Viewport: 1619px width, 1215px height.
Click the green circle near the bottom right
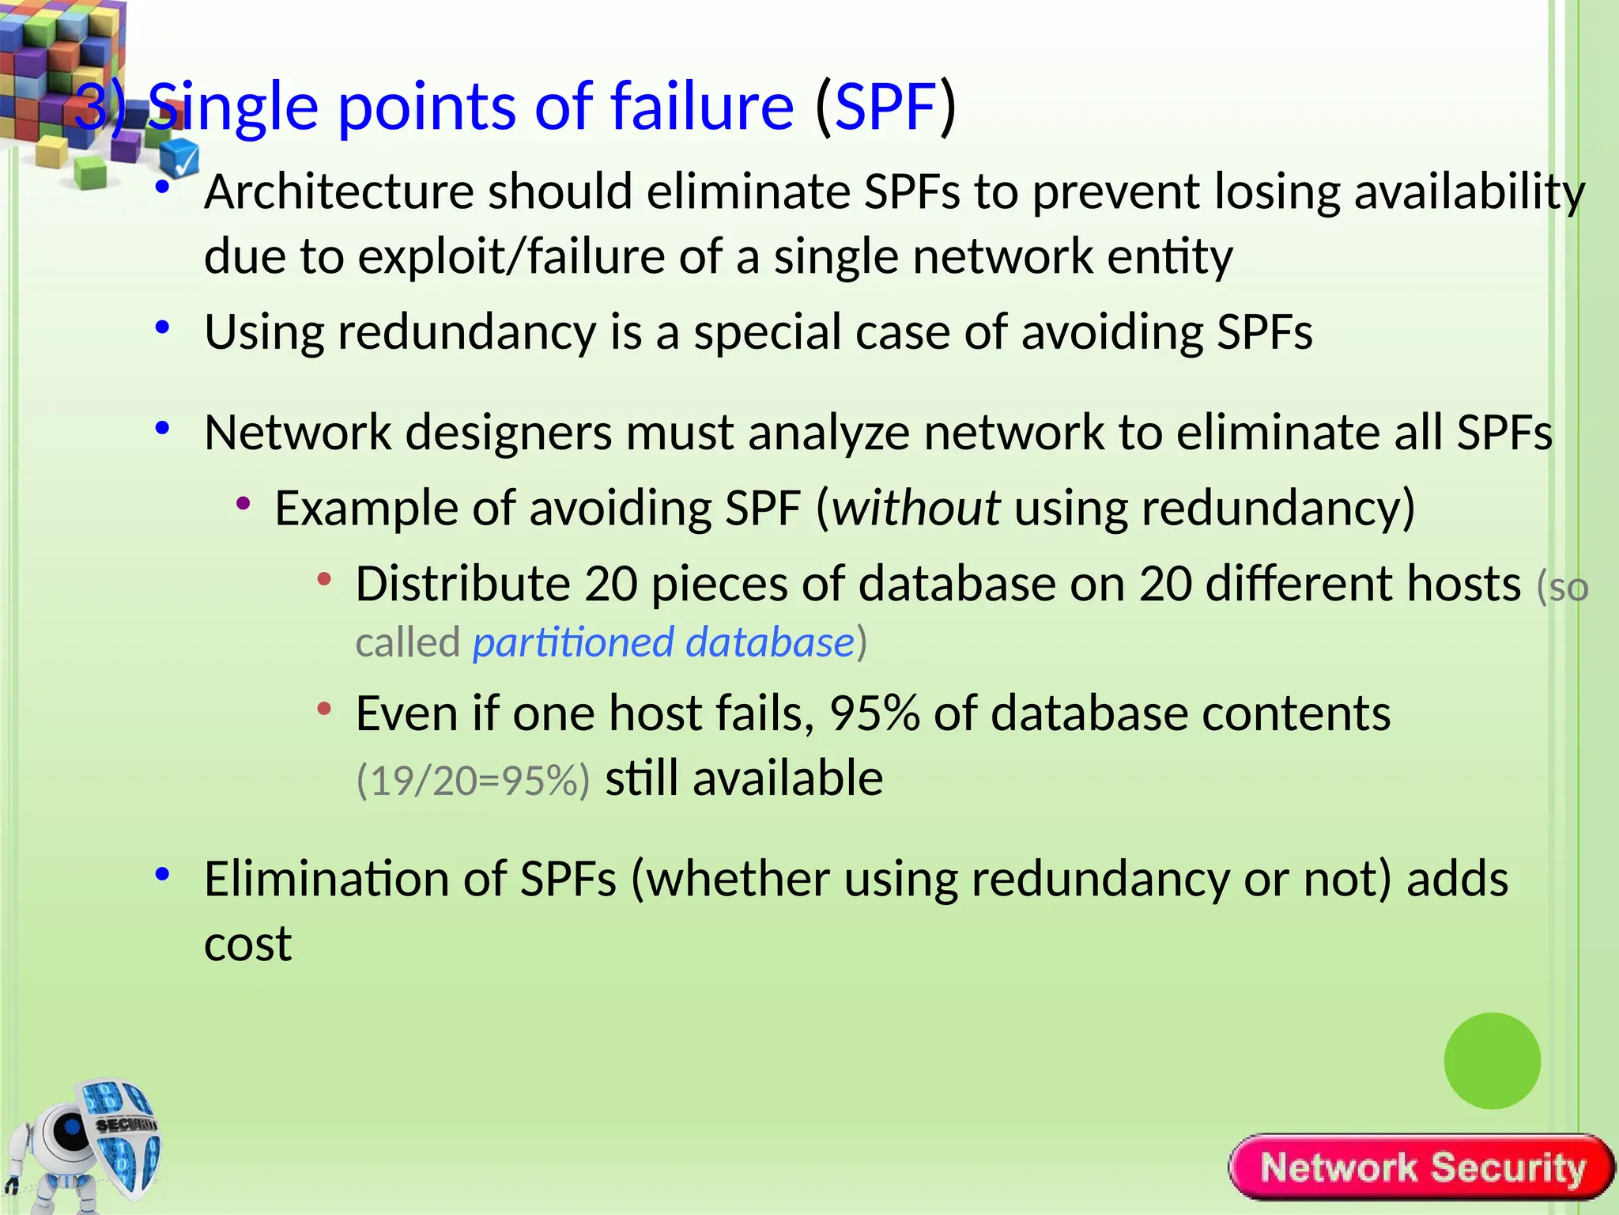[x=1492, y=1060]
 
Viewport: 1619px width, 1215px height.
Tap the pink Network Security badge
[x=1421, y=1168]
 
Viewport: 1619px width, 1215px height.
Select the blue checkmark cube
[x=180, y=157]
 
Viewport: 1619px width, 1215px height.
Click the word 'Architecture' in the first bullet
[x=338, y=192]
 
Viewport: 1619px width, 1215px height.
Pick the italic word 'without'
[x=916, y=508]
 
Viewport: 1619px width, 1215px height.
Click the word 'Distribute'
[x=462, y=584]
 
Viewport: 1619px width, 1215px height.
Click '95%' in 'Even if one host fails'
[x=874, y=713]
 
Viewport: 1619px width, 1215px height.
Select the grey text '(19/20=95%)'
[x=473, y=780]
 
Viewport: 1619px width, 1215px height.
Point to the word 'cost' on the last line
[x=247, y=944]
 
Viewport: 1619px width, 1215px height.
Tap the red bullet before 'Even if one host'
[x=323, y=709]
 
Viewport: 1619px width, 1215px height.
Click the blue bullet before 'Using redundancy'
[x=163, y=327]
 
